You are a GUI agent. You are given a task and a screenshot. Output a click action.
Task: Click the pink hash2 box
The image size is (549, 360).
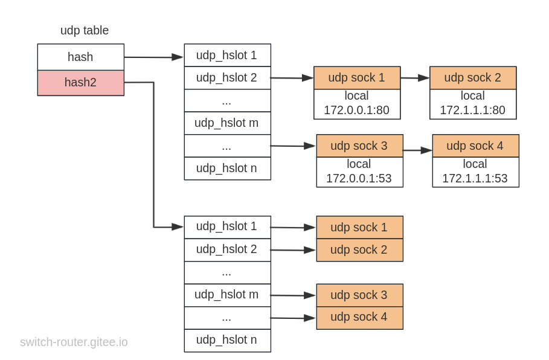(81, 83)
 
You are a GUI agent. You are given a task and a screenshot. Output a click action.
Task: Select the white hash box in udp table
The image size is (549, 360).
(81, 57)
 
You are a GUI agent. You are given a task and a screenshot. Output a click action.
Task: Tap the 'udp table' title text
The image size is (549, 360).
(85, 30)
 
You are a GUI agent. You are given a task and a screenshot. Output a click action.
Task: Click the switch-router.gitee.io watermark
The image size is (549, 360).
(74, 342)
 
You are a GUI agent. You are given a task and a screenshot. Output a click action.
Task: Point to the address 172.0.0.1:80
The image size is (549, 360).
(356, 110)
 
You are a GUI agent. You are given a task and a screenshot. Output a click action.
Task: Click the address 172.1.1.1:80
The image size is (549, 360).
(473, 110)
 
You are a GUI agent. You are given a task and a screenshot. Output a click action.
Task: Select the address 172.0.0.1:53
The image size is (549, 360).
(359, 178)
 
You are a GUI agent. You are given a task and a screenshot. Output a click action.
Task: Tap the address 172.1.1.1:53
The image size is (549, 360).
(475, 178)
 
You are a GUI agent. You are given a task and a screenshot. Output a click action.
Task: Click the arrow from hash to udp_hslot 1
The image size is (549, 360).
(154, 57)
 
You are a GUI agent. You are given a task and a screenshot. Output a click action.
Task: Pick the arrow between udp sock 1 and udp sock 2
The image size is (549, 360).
(416, 78)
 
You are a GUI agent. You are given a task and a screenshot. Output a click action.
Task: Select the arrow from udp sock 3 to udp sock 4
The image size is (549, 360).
(418, 150)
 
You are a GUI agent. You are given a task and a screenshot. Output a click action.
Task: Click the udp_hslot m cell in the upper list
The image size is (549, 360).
(228, 123)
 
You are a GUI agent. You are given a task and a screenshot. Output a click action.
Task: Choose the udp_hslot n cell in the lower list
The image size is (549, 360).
(228, 341)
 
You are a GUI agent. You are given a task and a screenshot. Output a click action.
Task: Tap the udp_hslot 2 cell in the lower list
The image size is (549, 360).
(228, 250)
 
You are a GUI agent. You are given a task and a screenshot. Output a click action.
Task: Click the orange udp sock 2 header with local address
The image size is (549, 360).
(473, 78)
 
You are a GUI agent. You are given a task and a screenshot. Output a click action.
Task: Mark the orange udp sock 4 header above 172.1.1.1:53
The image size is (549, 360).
(476, 146)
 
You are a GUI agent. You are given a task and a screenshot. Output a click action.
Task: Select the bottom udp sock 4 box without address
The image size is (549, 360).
(360, 318)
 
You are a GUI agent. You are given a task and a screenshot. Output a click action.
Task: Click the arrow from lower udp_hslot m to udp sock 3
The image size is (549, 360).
(294, 295)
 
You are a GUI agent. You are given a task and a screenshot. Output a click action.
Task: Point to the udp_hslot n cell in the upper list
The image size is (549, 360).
(228, 169)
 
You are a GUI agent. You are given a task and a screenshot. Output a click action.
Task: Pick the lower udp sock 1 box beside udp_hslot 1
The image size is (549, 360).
(360, 227)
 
